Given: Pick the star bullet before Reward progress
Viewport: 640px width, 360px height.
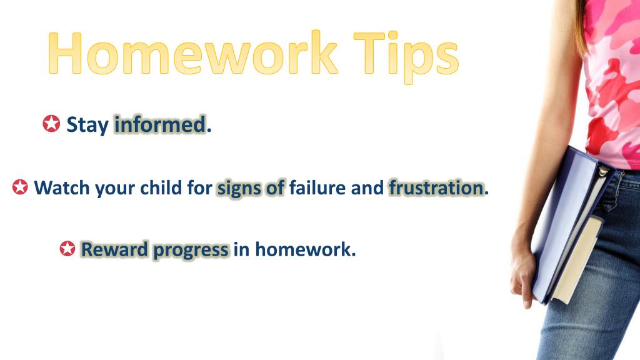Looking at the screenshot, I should pos(67,249).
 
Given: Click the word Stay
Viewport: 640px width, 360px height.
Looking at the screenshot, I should pos(87,126).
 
